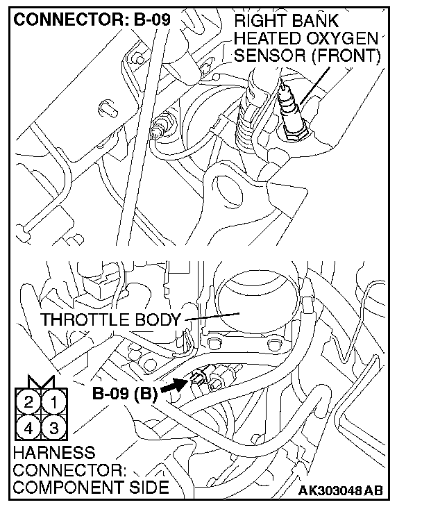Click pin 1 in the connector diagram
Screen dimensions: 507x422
tap(56, 402)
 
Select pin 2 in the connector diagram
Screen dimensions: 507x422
tap(29, 402)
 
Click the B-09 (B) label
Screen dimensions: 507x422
tap(125, 394)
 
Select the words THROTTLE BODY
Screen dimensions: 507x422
tap(111, 320)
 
